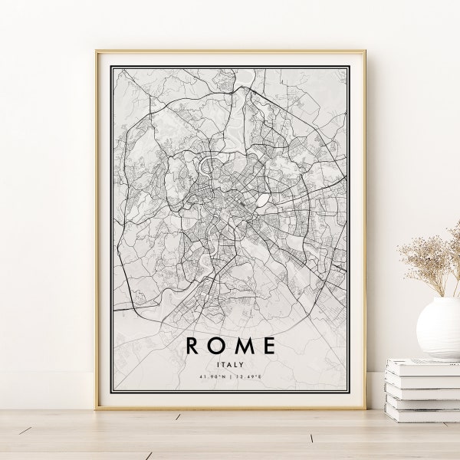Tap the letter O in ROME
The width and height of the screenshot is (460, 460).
216,346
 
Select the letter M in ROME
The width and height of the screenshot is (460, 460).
242,346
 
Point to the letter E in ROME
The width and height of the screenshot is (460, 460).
268,346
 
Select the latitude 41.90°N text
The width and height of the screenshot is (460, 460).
212,377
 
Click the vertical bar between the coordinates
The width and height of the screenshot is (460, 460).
231,377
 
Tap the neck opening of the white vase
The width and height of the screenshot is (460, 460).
442,300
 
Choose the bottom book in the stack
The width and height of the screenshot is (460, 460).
423,413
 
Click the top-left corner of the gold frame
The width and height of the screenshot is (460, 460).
97,52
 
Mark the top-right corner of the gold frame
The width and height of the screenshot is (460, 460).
364,52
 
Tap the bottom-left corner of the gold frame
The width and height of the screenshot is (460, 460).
97,408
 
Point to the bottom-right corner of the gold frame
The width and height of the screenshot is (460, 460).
364,408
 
